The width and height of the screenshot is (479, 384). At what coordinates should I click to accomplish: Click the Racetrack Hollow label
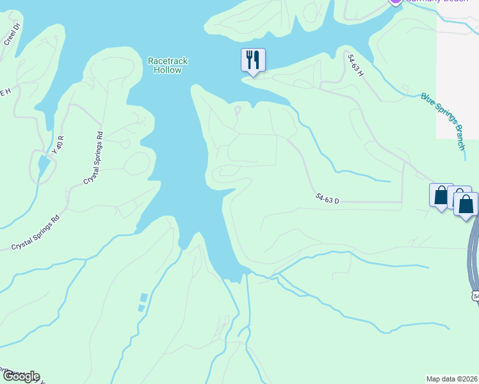tap(168, 65)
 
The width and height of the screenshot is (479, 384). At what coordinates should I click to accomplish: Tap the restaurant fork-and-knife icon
tap(253, 60)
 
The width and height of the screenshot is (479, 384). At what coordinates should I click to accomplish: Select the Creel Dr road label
tap(12, 33)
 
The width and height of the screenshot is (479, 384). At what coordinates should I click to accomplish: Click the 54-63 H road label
tap(355, 65)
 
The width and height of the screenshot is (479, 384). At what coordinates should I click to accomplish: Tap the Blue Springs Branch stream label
tap(443, 121)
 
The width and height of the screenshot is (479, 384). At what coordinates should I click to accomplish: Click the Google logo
tap(20, 376)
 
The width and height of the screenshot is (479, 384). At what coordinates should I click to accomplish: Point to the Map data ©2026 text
tap(452, 378)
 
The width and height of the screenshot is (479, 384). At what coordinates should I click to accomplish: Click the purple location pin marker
tap(396, 2)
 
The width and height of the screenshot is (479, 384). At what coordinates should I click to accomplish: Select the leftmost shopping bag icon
tap(441, 195)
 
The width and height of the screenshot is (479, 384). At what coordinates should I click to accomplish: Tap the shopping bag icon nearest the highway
tap(466, 204)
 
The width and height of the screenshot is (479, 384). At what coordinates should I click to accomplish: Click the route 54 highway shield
tap(475, 295)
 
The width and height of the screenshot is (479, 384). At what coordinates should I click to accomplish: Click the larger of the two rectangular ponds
tap(143, 298)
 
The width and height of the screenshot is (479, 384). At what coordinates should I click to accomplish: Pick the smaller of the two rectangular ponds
tap(141, 308)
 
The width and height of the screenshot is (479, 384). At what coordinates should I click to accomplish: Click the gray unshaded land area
tap(457, 70)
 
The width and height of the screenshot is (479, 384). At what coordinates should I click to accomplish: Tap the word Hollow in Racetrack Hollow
tap(168, 70)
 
